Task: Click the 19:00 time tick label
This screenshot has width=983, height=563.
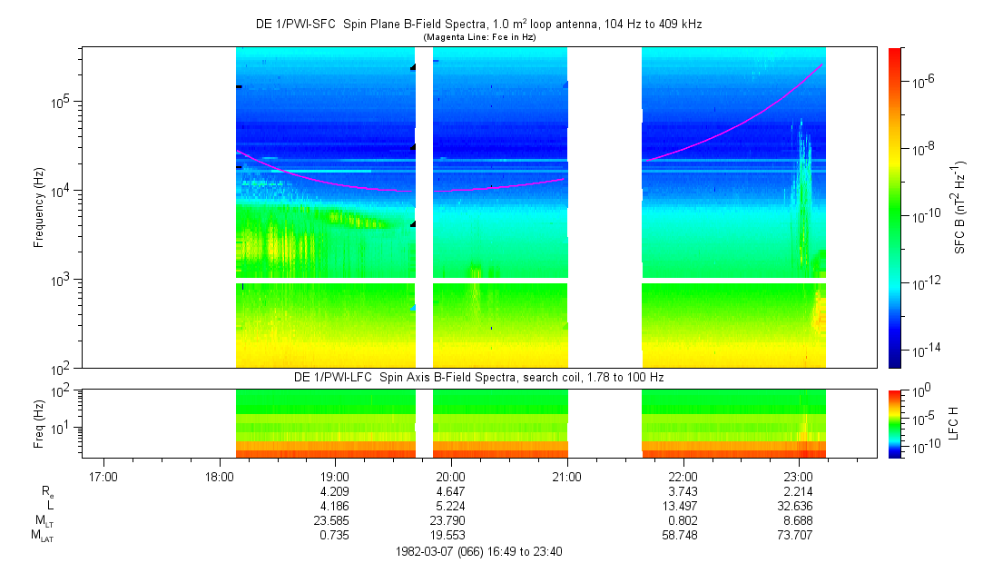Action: coord(335,477)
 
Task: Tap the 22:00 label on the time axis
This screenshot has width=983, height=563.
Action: coord(683,477)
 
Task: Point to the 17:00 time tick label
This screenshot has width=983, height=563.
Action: coord(103,477)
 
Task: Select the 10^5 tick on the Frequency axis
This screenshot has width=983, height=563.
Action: coord(64,101)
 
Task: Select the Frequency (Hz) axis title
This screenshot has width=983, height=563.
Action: coord(39,208)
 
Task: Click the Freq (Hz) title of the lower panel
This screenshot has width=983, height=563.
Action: coord(39,424)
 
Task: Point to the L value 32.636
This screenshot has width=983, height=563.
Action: coord(795,506)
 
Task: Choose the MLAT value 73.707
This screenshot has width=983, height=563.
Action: coord(795,536)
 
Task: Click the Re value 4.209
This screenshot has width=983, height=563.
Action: coord(334,491)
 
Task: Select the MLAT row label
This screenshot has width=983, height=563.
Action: coord(44,536)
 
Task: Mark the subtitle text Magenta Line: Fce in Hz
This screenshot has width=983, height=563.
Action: coord(479,37)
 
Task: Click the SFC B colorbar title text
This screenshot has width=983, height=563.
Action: coord(959,208)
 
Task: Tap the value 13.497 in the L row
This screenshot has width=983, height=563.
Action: coord(680,506)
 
